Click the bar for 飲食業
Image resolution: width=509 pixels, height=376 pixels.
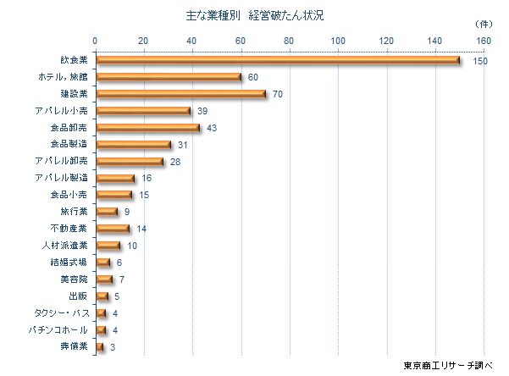(x=277, y=60)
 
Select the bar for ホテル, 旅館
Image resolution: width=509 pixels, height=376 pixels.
(x=168, y=77)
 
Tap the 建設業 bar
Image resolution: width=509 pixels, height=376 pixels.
(x=180, y=94)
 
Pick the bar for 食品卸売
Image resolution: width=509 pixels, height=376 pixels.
(x=147, y=128)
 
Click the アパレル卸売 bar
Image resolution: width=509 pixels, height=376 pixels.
(x=129, y=161)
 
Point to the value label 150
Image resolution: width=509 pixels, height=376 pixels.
(x=480, y=61)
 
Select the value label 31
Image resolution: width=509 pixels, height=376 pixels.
(x=183, y=145)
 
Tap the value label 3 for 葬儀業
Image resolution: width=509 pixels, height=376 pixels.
(x=112, y=347)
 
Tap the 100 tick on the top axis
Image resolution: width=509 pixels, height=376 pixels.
(x=339, y=41)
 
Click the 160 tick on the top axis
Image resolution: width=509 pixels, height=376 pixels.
(x=484, y=41)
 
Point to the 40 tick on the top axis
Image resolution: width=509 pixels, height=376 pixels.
(x=192, y=41)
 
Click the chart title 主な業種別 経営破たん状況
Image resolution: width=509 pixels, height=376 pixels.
(x=254, y=16)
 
